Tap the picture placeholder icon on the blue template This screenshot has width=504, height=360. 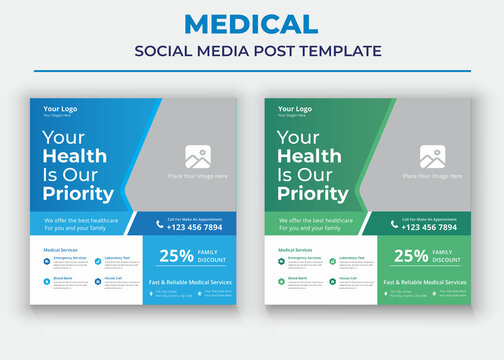(197, 157)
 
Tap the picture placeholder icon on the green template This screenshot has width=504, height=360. (432, 157)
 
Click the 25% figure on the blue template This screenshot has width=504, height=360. (176, 256)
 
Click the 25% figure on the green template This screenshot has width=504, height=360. (411, 256)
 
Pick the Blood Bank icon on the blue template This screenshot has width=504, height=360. (47, 281)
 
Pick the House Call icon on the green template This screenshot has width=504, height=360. (331, 281)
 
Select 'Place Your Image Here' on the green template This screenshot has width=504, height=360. (432, 177)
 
